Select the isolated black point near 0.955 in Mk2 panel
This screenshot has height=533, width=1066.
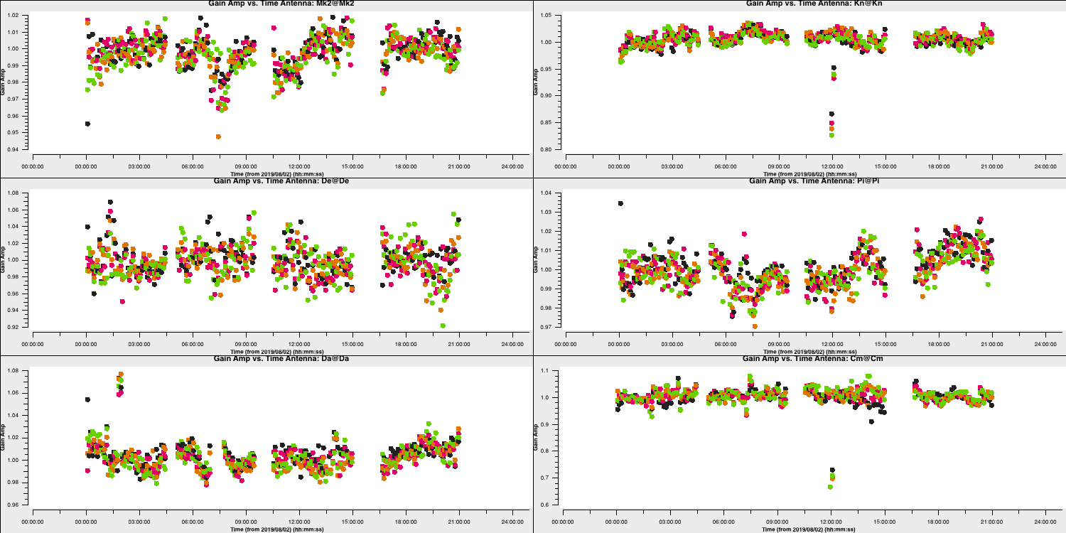click(87, 124)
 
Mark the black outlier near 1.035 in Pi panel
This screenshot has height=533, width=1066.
click(620, 203)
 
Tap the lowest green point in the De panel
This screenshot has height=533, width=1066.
click(443, 325)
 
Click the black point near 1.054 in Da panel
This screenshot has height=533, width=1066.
click(87, 399)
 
